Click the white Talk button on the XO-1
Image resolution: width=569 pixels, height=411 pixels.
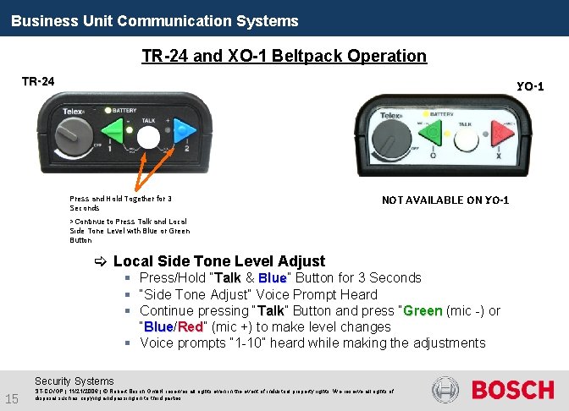point(465,136)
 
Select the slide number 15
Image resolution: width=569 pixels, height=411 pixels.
point(12,398)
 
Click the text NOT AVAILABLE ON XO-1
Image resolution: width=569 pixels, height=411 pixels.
point(445,200)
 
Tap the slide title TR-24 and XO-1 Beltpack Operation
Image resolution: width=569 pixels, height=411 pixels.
point(284,56)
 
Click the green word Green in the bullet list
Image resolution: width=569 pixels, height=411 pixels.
point(422,310)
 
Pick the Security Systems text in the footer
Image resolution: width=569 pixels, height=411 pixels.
point(74,381)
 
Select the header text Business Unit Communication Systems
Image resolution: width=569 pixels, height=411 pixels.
point(155,20)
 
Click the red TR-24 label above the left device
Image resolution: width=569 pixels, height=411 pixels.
point(38,81)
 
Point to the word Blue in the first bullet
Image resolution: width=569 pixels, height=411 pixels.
point(272,278)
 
